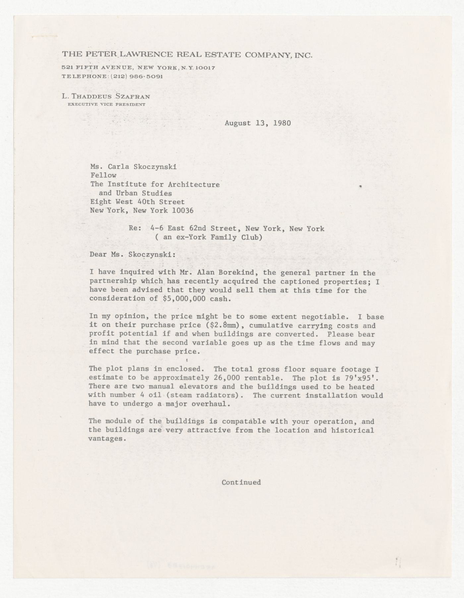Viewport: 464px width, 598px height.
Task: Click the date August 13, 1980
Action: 258,123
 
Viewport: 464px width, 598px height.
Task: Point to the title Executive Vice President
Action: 106,104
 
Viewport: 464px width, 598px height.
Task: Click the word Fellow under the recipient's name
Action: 103,176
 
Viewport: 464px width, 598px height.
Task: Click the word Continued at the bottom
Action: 241,482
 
